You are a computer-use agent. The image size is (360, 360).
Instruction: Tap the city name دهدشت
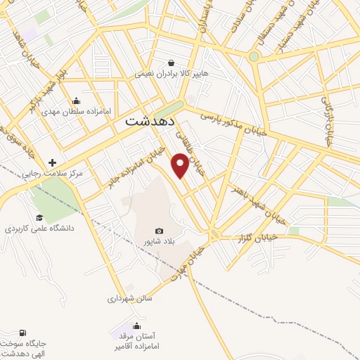(x=151, y=120)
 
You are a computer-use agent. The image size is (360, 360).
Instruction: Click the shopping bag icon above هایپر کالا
(x=172, y=62)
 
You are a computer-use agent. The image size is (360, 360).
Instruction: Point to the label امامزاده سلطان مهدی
(x=70, y=111)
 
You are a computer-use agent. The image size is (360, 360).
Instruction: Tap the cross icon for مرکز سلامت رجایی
(x=51, y=161)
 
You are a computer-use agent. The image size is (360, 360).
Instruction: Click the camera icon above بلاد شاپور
(x=159, y=231)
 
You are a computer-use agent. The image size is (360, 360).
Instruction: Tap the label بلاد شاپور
(x=159, y=243)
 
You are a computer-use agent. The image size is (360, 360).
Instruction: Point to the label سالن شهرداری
(x=129, y=298)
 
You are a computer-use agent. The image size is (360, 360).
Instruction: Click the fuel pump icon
(x=25, y=333)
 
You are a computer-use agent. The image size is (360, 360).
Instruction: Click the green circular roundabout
(x=254, y=56)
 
